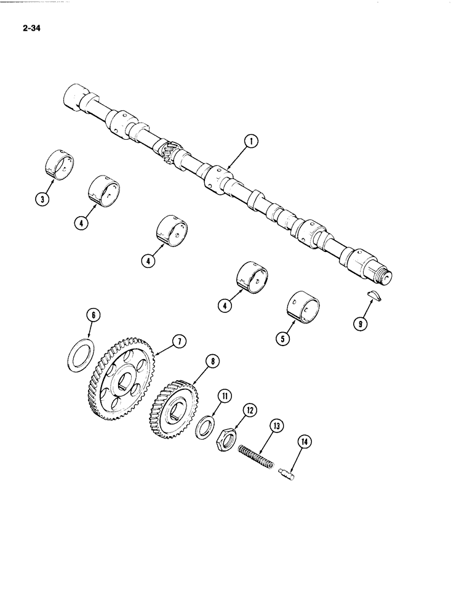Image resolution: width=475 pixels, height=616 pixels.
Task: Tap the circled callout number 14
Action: pos(303,441)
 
